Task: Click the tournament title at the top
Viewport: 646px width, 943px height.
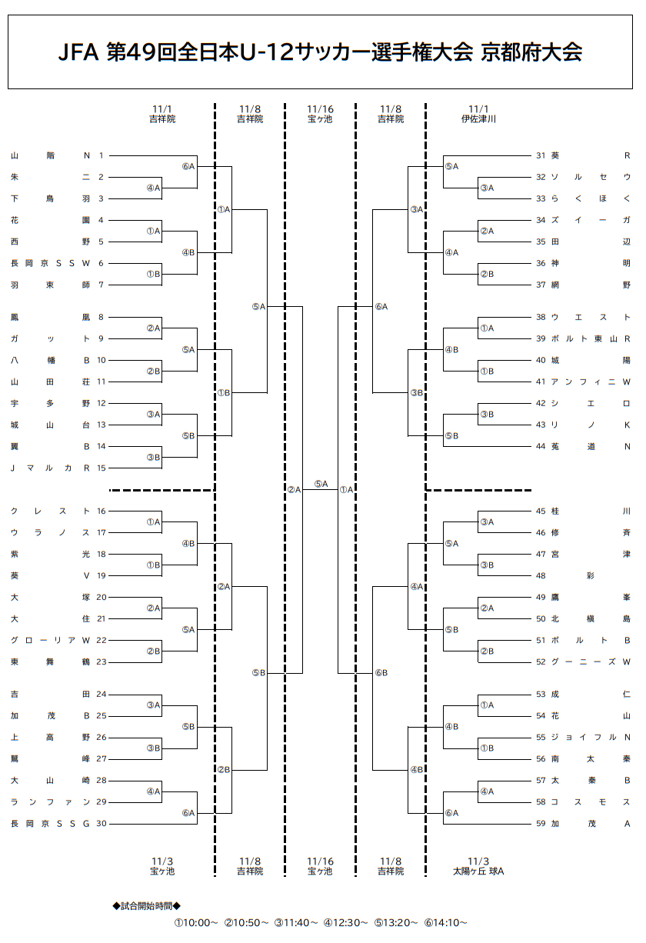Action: [321, 52]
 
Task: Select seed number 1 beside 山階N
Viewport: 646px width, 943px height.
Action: [101, 155]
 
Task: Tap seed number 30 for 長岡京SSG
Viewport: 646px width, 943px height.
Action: [101, 824]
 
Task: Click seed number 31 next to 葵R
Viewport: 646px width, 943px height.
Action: [541, 155]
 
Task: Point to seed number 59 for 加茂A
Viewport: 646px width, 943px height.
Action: [541, 824]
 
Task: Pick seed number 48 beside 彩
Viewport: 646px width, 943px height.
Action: [541, 575]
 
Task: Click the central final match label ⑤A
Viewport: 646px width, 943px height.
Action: [321, 484]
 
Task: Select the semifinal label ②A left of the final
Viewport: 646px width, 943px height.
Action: [294, 489]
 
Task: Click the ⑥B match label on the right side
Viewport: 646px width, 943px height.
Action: [381, 673]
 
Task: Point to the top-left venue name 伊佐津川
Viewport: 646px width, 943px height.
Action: [478, 119]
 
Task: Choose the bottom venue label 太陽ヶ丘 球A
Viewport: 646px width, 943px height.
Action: [478, 871]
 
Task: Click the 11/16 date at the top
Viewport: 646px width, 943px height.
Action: [320, 109]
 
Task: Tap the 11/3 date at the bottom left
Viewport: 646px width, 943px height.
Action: [162, 861]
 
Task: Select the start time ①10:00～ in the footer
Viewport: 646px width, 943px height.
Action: [196, 922]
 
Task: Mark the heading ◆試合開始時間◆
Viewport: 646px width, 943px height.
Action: [146, 906]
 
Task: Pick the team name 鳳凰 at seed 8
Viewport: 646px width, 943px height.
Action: [51, 317]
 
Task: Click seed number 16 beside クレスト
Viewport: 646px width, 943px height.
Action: [101, 511]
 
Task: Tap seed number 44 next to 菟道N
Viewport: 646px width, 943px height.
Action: [541, 446]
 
